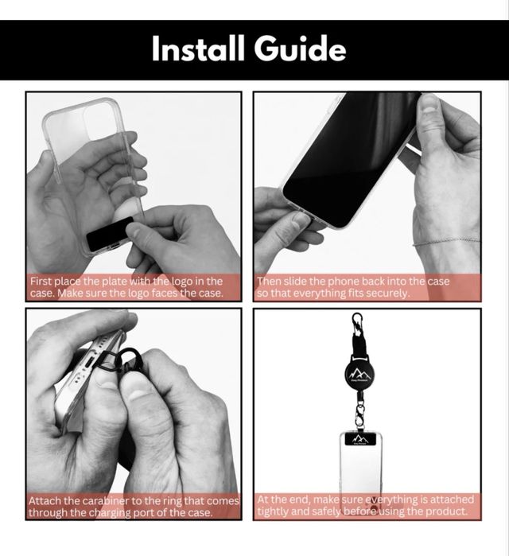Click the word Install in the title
[198, 49]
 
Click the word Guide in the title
[300, 49]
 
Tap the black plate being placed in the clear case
[110, 235]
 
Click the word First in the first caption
[41, 282]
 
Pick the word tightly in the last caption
[271, 511]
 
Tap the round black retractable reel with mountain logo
[359, 372]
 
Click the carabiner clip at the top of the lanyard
[357, 323]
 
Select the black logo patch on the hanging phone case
[360, 439]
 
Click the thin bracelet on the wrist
[447, 243]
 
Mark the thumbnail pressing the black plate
[134, 231]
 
